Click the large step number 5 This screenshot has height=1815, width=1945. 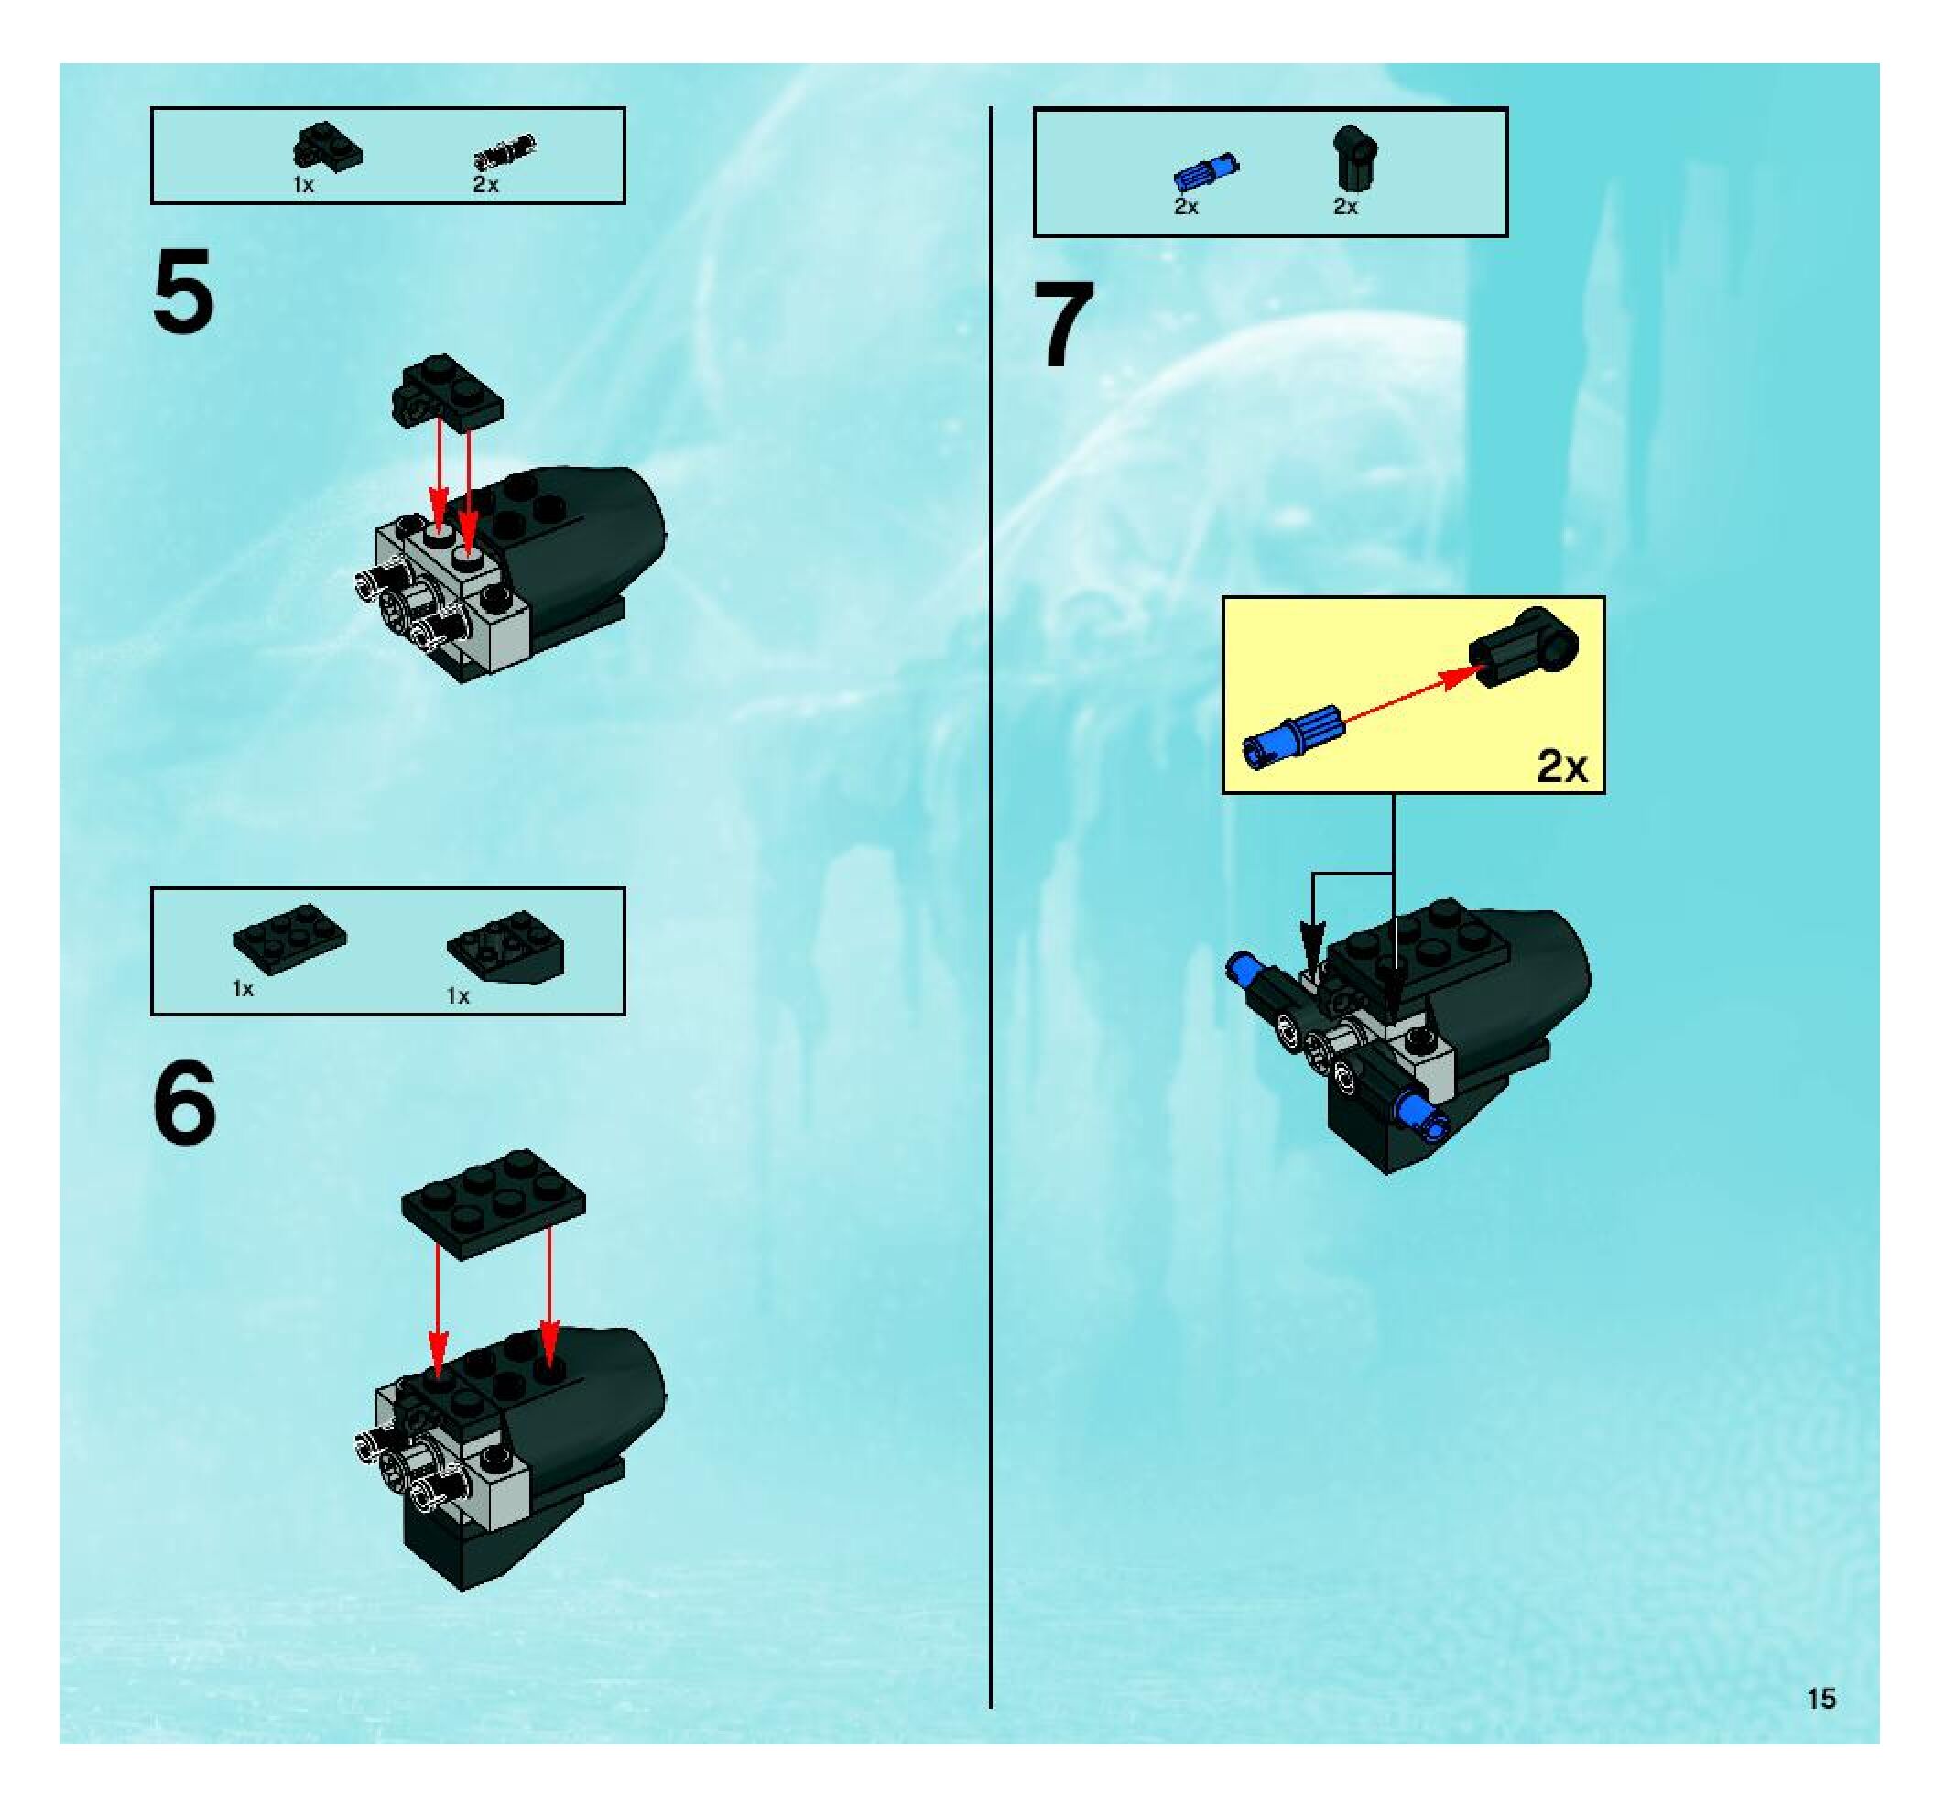click(183, 290)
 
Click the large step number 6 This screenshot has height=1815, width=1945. click(184, 1103)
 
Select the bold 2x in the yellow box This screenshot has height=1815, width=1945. click(1561, 766)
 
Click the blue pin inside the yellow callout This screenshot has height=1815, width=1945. click(1291, 734)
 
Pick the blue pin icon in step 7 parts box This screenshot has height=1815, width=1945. click(1205, 170)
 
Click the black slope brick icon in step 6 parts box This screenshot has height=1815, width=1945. click(505, 946)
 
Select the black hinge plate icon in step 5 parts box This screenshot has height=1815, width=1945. click(327, 147)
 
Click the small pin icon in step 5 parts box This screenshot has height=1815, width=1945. click(505, 152)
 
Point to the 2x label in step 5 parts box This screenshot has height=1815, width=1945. click(486, 184)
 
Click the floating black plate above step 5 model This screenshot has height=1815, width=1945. click(447, 390)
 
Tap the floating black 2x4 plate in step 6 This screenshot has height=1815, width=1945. click(493, 1202)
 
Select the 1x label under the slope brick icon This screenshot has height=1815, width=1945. click(458, 996)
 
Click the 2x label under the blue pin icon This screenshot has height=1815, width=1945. click(1186, 206)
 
